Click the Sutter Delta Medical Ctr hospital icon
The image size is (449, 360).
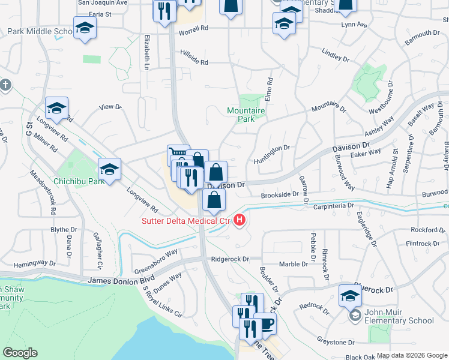point(240,221)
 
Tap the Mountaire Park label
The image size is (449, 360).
point(246,115)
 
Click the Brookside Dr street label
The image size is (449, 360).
point(279,195)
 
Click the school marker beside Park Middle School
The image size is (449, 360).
point(85,28)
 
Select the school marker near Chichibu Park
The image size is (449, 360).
point(110,169)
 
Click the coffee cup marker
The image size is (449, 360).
point(264,323)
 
